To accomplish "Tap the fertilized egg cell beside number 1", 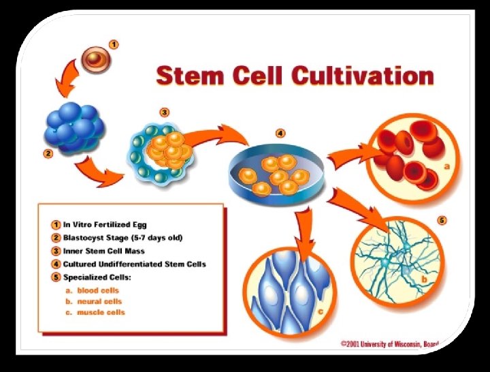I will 95,61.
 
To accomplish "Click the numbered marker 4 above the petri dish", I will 280,133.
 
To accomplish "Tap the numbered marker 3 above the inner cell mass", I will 164,112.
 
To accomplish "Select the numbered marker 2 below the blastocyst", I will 48,153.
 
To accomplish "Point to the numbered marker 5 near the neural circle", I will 442,221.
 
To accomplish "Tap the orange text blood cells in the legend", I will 98,290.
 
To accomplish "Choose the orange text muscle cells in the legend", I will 100,313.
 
